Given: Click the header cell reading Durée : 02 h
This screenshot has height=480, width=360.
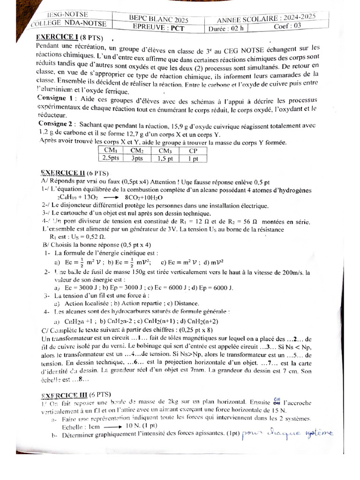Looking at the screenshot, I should (228, 29).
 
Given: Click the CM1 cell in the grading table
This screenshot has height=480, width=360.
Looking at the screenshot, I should (111, 150).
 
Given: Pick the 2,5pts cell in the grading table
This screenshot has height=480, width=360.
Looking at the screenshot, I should (111, 158).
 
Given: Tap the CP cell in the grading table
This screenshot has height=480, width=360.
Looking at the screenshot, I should (193, 151).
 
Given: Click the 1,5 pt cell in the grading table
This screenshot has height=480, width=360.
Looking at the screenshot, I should (165, 158).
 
